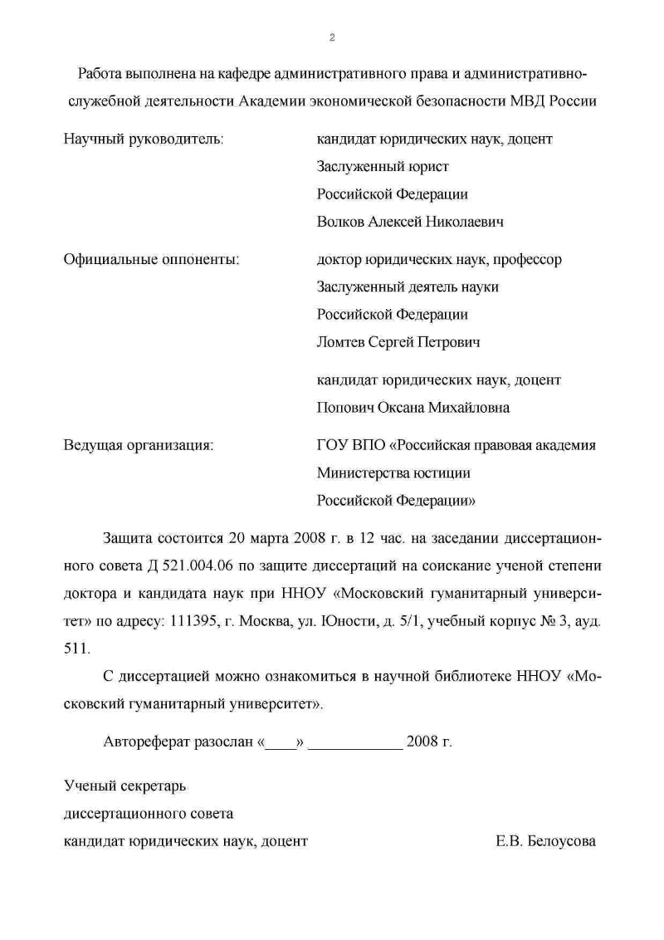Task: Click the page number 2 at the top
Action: [x=332, y=37]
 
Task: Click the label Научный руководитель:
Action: [x=144, y=139]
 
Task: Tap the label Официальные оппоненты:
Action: [x=152, y=259]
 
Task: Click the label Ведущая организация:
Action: [x=139, y=445]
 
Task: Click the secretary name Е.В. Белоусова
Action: [x=545, y=841]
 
